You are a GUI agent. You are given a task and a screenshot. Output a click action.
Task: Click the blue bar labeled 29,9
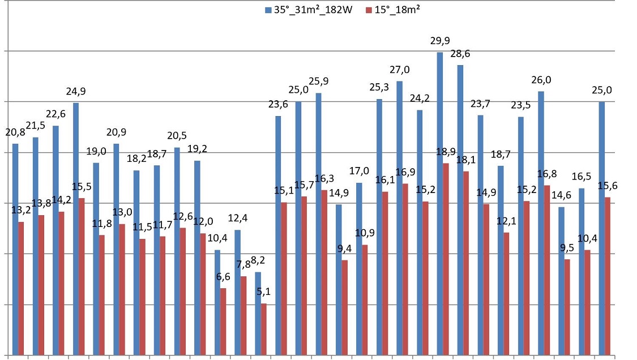[440, 204]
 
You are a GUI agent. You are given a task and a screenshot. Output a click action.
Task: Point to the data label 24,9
[75, 92]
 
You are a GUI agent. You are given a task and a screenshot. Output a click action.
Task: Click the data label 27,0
[400, 70]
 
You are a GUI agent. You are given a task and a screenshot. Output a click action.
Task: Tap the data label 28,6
[460, 54]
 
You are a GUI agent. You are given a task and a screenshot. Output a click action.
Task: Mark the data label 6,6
[223, 277]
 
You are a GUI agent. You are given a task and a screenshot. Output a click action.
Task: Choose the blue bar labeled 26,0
[541, 223]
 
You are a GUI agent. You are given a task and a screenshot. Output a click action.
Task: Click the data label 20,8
[15, 132]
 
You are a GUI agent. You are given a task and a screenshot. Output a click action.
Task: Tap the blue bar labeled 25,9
[318, 224]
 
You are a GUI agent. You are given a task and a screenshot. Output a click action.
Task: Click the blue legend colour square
[267, 10]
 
